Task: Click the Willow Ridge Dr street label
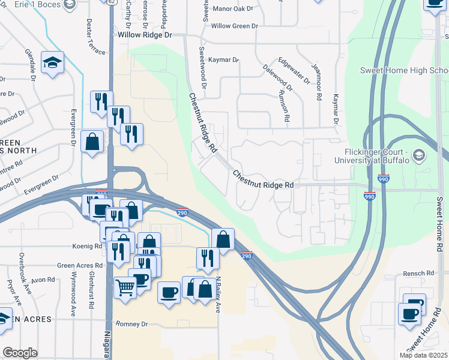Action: coord(145,35)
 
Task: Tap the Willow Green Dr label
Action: coord(234,26)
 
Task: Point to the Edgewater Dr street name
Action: coord(294,70)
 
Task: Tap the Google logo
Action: coord(20,353)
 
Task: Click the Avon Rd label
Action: coord(43,280)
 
